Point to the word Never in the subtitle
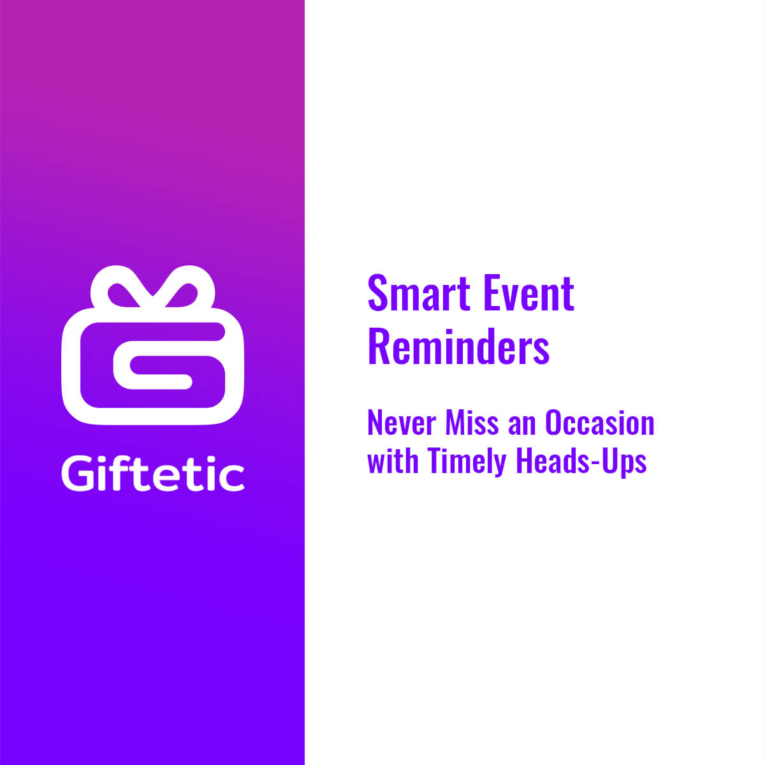point(402,423)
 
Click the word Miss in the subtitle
point(472,423)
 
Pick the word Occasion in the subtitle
point(600,423)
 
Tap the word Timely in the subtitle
point(467,462)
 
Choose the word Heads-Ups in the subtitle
point(581,462)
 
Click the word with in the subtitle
point(393,460)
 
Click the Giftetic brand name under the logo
point(153,474)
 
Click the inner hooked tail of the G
point(161,381)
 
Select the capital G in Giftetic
point(78,474)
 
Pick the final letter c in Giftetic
point(232,478)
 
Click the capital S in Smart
point(377,293)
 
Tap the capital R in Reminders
point(379,346)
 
